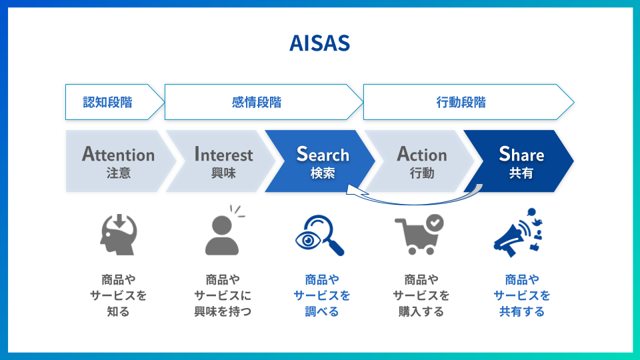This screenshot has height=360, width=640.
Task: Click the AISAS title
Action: point(319,43)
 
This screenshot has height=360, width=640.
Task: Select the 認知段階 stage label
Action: point(107,102)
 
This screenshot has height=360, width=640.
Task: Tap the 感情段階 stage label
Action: point(257,102)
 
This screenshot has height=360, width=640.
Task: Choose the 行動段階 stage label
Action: point(461,102)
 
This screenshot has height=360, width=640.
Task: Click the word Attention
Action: point(118,155)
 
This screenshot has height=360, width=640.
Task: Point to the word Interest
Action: point(223,155)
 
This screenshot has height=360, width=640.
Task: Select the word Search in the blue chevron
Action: point(323,155)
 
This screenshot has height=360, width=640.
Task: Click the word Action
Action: point(421,155)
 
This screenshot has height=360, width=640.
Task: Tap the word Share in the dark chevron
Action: point(521,155)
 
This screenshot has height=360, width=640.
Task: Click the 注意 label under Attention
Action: point(118,173)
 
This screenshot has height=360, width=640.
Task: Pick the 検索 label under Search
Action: point(323,173)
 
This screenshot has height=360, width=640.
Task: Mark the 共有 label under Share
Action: point(521,173)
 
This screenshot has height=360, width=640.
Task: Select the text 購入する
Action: point(421,311)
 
